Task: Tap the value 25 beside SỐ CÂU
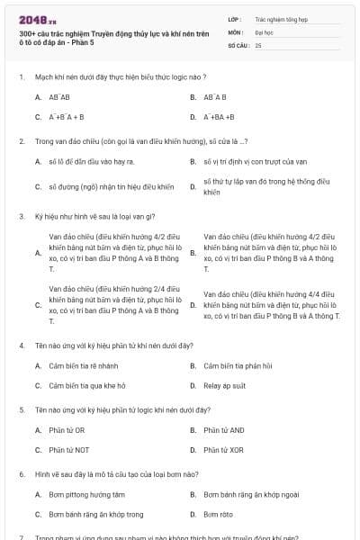[258, 44]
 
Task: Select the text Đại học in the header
[264, 31]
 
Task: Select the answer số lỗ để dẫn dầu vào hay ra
[91, 162]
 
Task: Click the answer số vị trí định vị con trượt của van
[256, 162]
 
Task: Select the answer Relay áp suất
[225, 386]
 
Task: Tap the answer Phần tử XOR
[223, 449]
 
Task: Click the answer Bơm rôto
[218, 514]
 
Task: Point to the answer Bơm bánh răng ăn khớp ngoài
[251, 494]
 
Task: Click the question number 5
[21, 409]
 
